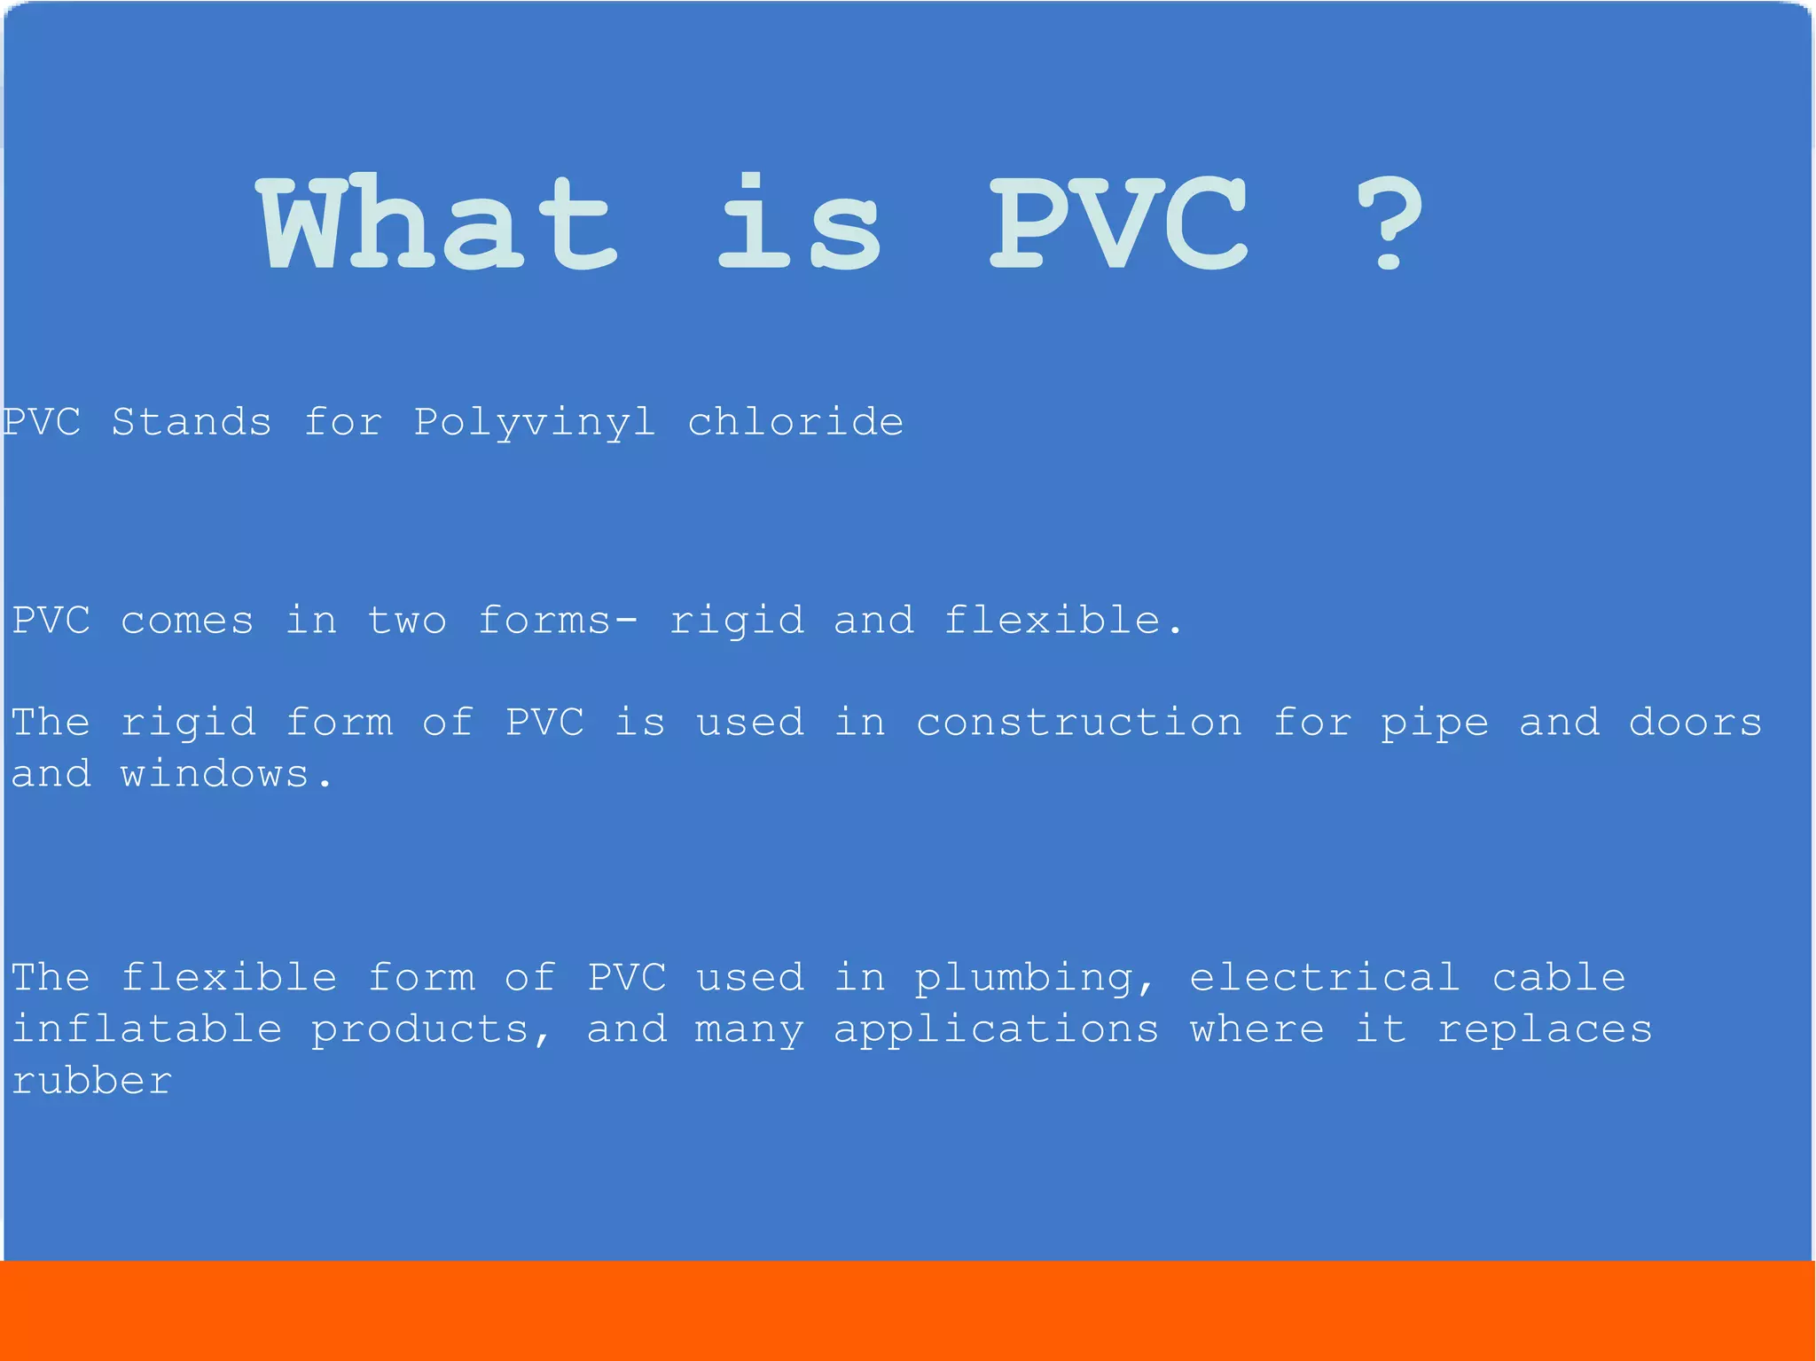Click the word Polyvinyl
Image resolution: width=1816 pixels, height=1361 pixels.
(535, 423)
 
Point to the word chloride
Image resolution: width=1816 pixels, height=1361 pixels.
(795, 422)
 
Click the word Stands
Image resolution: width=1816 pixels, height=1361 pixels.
(192, 422)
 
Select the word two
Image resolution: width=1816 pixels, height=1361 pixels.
(407, 621)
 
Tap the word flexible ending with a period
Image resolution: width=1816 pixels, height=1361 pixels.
(1062, 620)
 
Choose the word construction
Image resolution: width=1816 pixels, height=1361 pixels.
(1078, 723)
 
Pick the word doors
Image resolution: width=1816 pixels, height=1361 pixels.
(1695, 723)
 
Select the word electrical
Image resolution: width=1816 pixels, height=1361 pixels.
(1324, 978)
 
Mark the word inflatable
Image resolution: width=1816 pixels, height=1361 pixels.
(147, 1029)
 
